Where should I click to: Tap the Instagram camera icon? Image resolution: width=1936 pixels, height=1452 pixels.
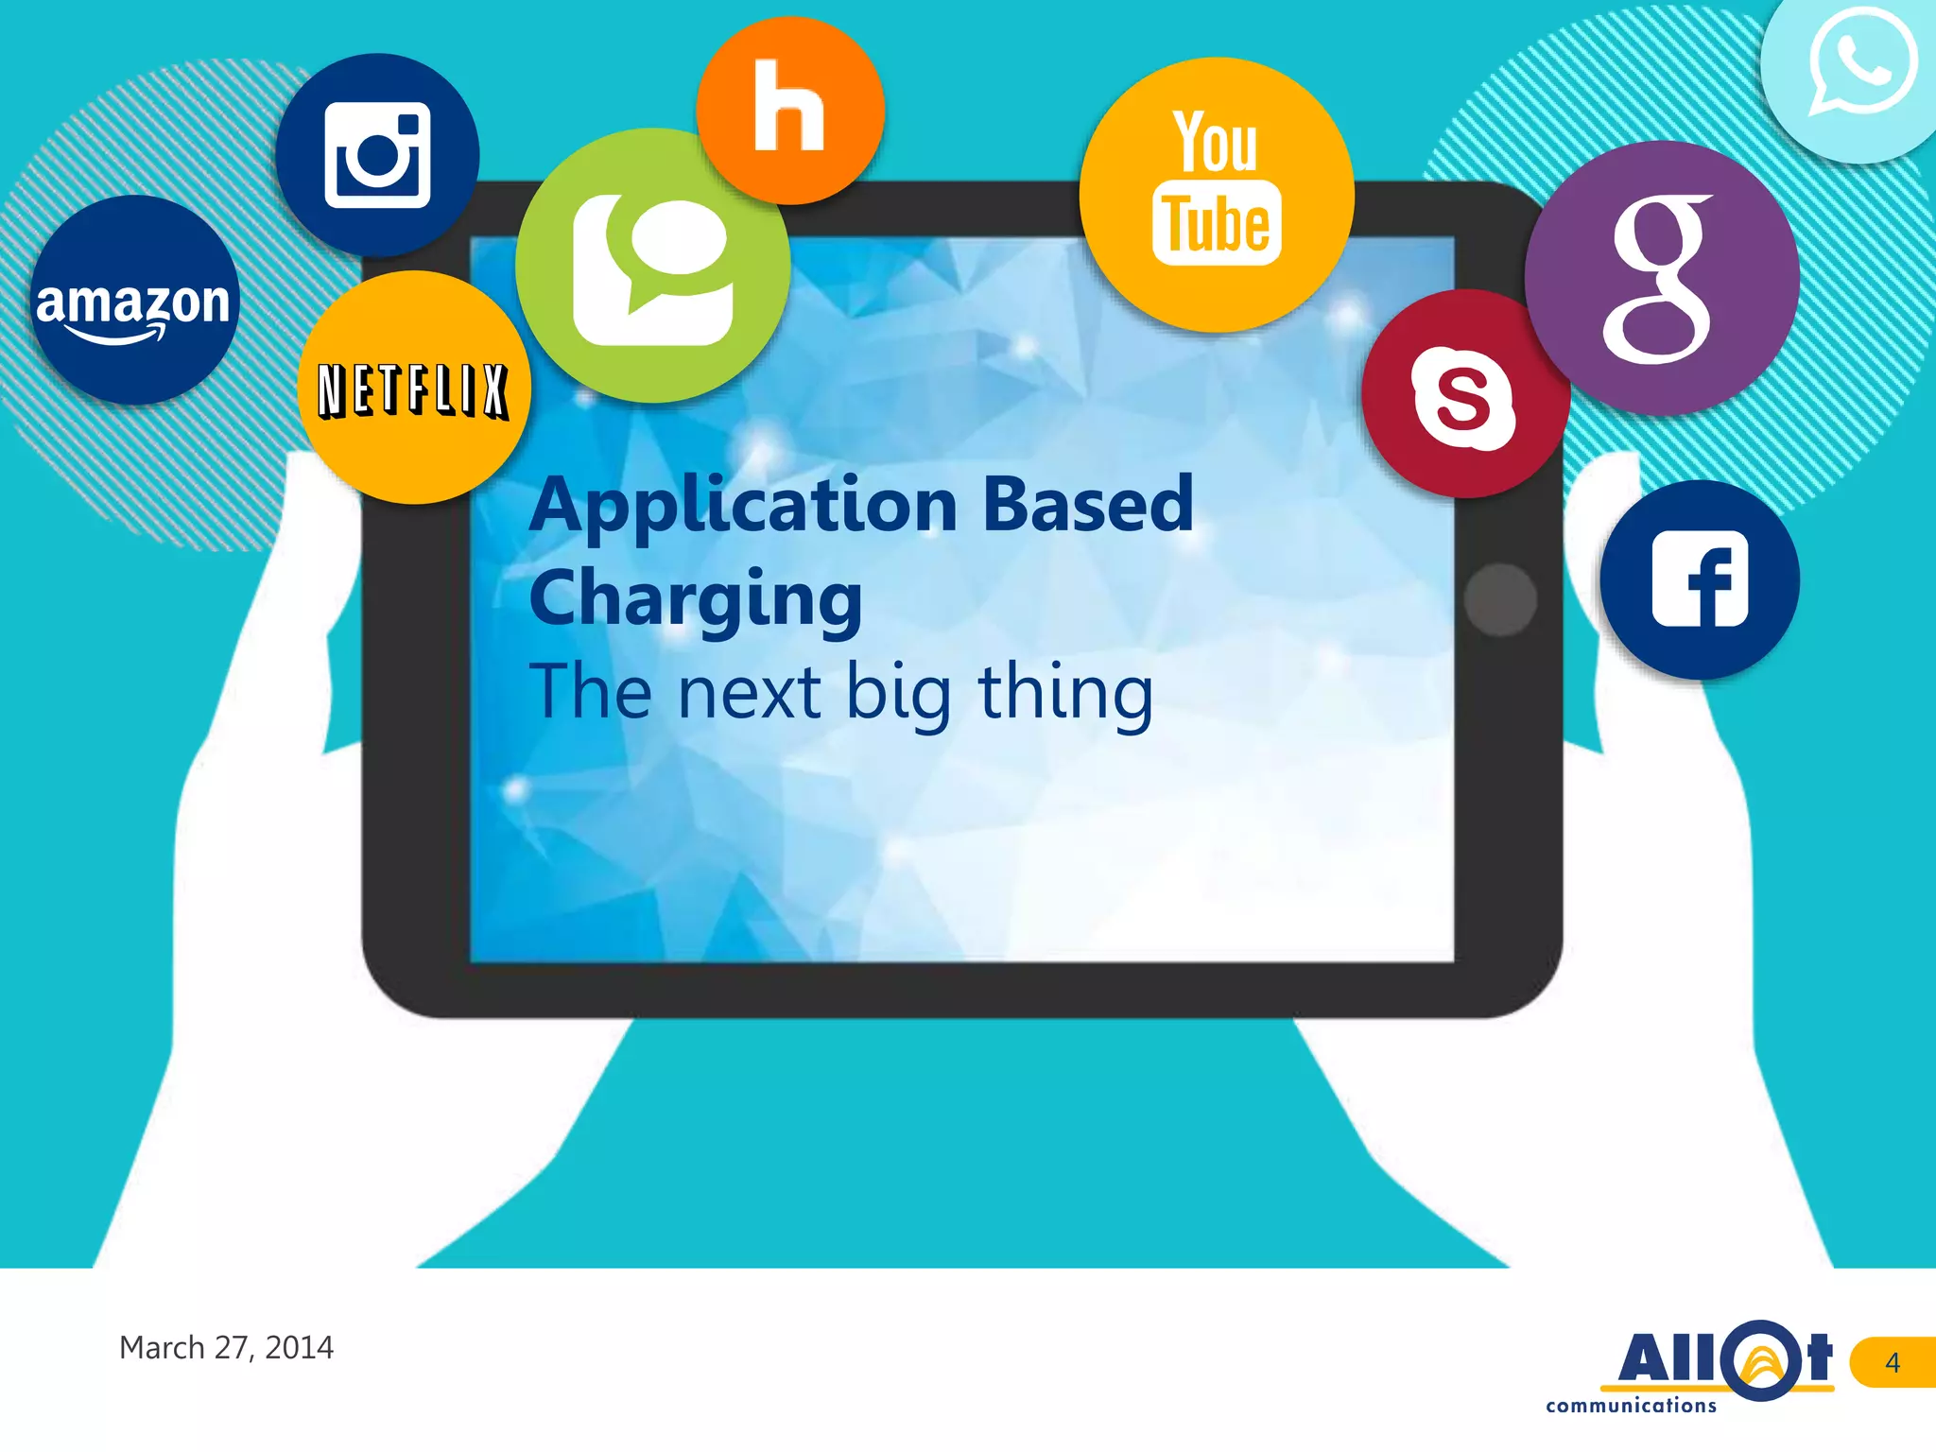coord(377,156)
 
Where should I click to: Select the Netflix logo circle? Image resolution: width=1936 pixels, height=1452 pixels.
coord(414,389)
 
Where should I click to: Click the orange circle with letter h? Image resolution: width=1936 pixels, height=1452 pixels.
coord(790,109)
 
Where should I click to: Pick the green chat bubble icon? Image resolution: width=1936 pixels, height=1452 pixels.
coord(653,267)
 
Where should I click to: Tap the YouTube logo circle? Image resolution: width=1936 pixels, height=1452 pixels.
coord(1217,195)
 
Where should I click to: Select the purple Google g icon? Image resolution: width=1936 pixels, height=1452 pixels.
coord(1661,278)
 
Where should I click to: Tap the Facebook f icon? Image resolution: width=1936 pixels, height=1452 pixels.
coord(1700,579)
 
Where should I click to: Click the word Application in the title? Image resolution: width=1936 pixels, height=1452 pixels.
coord(744,507)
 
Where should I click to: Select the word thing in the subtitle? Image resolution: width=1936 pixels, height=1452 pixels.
coord(1065,694)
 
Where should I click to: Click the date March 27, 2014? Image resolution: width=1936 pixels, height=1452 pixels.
coord(226,1347)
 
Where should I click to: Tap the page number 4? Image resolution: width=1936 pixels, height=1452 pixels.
coord(1892,1362)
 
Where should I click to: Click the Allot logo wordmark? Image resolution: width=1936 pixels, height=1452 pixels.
coord(1724,1357)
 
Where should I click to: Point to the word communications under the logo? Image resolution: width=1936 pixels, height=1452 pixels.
coord(1631,1406)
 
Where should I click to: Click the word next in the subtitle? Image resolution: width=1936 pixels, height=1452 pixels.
coord(749,694)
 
